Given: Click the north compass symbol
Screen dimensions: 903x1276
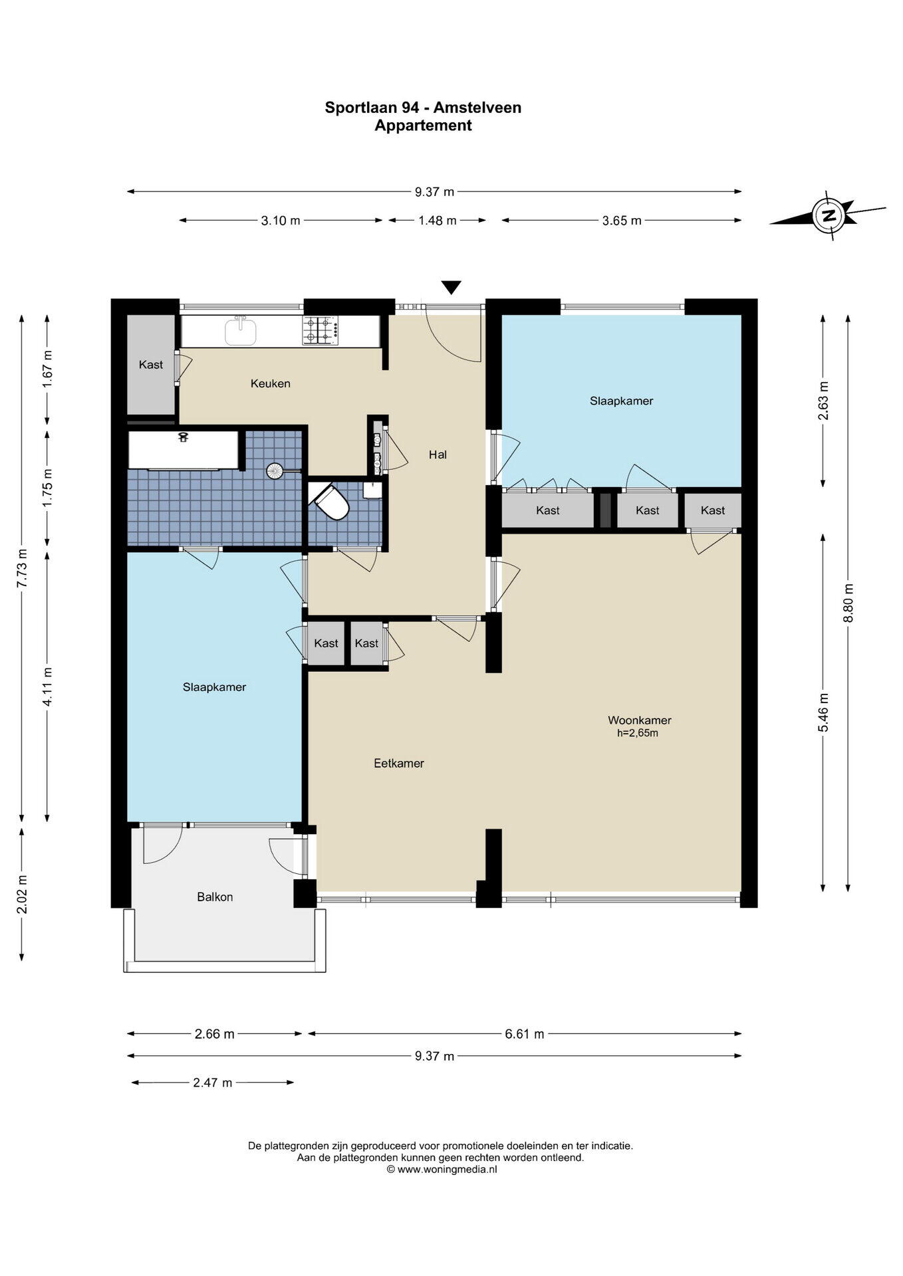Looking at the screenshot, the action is point(829,215).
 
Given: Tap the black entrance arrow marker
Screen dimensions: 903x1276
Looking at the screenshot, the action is point(451,288).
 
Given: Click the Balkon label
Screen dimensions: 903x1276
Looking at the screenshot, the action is point(215,897).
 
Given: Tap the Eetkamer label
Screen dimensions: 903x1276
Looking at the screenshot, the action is point(399,764).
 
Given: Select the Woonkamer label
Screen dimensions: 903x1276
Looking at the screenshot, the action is point(640,720).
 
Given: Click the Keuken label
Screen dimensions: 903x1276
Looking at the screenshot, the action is point(271,383).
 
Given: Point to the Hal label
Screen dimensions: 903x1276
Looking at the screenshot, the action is point(438,455).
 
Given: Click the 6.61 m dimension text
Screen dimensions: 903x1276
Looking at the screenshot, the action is point(525,1034).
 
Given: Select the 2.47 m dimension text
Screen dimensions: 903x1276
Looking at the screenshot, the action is point(213,1083).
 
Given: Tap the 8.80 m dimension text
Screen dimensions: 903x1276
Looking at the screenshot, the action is point(848,603).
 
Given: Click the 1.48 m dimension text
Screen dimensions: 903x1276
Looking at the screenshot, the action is point(438,221).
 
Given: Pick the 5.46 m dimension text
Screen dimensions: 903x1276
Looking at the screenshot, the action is point(824,712).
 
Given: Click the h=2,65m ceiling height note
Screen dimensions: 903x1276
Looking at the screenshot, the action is point(638,734).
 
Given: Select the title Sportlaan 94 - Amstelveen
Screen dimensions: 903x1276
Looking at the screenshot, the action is point(423,108).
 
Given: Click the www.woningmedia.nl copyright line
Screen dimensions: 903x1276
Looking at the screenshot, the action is point(442,1170).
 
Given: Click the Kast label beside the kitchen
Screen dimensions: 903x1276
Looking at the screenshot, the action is point(151,365).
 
